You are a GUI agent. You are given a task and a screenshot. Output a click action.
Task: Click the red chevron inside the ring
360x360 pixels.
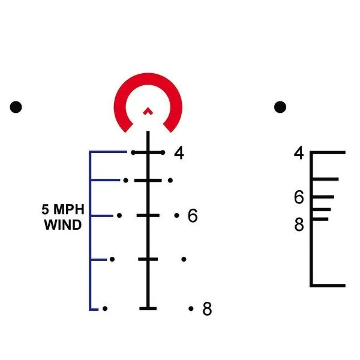tap(148, 110)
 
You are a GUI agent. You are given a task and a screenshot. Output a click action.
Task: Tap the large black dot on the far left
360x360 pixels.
tap(16, 107)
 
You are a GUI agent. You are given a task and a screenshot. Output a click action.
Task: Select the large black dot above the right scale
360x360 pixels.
tap(280, 107)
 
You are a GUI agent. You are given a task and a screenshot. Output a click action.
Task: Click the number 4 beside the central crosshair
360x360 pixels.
tap(179, 153)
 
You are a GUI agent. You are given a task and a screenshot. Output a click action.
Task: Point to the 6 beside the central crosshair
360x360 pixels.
tap(192, 216)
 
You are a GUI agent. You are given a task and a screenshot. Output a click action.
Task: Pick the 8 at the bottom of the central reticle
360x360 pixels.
tap(207, 309)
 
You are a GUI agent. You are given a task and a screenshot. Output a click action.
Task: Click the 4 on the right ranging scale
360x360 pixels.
tap(299, 154)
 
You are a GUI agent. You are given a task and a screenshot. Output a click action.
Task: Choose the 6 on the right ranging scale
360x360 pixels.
tap(299, 197)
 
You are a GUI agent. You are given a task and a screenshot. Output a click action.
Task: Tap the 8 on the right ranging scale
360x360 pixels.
tap(299, 224)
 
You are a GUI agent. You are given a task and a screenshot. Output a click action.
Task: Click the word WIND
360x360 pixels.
tap(63, 227)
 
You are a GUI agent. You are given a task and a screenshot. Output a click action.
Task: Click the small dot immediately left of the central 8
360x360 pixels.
tap(191, 308)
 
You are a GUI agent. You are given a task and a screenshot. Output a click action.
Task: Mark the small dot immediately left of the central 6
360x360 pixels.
tap(177, 215)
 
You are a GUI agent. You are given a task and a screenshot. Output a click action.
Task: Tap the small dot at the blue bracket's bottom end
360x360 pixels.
tap(105, 308)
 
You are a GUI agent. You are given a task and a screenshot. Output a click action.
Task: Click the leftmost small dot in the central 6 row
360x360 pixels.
tap(119, 215)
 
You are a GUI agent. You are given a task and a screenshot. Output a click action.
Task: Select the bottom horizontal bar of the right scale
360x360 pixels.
tap(328, 285)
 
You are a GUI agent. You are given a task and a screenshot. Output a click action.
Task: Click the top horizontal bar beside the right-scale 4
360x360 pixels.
tap(328, 152)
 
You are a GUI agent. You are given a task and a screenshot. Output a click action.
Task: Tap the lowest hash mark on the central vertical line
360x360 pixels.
tap(148, 308)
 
